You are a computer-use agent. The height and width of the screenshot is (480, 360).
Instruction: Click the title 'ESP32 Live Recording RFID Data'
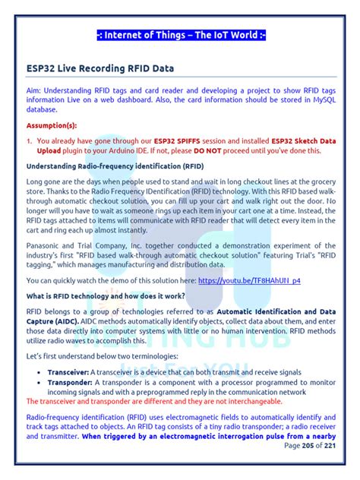99,68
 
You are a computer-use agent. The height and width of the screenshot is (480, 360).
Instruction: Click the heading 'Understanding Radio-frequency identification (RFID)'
115,166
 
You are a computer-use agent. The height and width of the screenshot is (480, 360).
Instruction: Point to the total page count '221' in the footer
330,446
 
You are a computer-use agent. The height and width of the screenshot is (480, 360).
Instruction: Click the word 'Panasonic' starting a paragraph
46,246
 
